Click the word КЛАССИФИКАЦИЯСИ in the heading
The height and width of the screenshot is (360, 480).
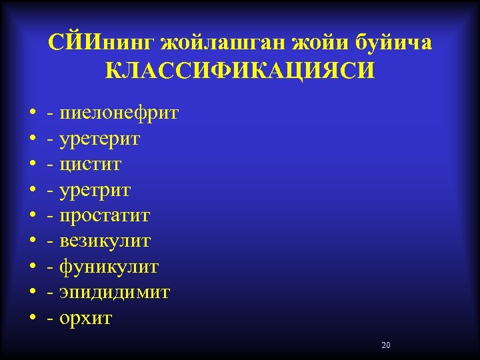pos(240,70)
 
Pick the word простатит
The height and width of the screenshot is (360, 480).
pos(105,216)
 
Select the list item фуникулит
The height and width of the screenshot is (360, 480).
pos(109,267)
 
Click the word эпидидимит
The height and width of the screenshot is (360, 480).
pos(115,293)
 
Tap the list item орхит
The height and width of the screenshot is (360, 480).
pos(86,319)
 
